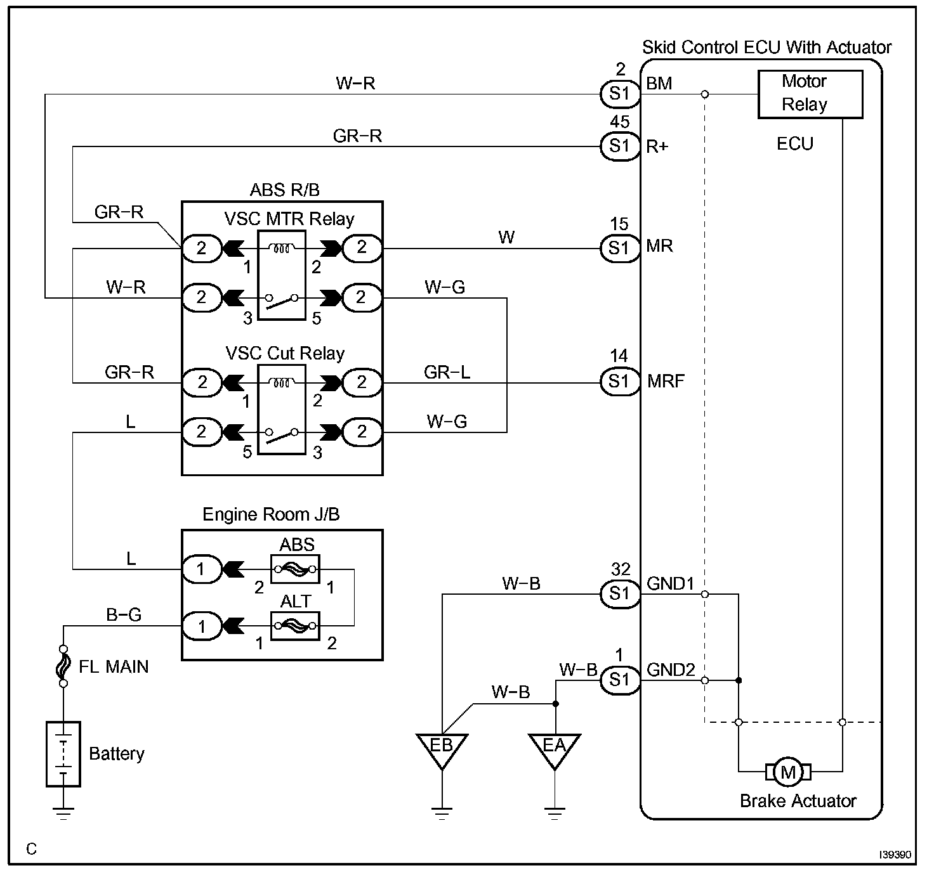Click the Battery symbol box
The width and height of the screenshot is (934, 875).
[x=63, y=754]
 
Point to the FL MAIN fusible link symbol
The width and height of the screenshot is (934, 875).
[x=63, y=666]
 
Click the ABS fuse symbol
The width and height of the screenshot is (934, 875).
[x=295, y=569]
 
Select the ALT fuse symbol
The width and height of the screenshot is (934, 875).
[x=295, y=626]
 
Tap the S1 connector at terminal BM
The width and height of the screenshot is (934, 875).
[x=620, y=94]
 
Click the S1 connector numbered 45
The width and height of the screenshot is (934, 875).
[x=620, y=146]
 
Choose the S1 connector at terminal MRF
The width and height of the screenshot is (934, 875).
[x=620, y=381]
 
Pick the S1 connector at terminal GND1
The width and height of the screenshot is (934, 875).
[x=620, y=594]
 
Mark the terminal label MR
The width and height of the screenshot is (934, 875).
[x=659, y=246]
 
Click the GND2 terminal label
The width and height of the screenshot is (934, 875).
[x=671, y=670]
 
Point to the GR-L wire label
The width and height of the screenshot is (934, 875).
[x=447, y=372]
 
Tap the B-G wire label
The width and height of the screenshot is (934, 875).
[x=124, y=614]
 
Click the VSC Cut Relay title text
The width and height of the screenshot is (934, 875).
[x=285, y=353]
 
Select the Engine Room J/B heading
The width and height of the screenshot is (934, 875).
[x=271, y=514]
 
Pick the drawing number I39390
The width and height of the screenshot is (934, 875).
[x=895, y=854]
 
